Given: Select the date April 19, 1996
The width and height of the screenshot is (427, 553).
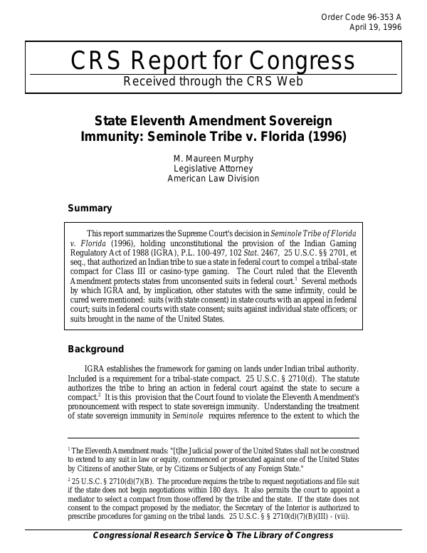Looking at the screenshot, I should (375, 28).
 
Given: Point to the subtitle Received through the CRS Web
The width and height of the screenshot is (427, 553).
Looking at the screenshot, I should (213, 81).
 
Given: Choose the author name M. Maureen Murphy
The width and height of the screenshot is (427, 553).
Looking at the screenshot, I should (213, 158).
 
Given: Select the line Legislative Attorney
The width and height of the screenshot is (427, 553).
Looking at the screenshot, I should (213, 169).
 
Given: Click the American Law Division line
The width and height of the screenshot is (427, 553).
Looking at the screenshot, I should (213, 179).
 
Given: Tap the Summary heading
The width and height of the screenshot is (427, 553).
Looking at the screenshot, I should (90, 209).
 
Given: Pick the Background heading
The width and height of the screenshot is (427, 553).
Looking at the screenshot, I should (95, 349).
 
